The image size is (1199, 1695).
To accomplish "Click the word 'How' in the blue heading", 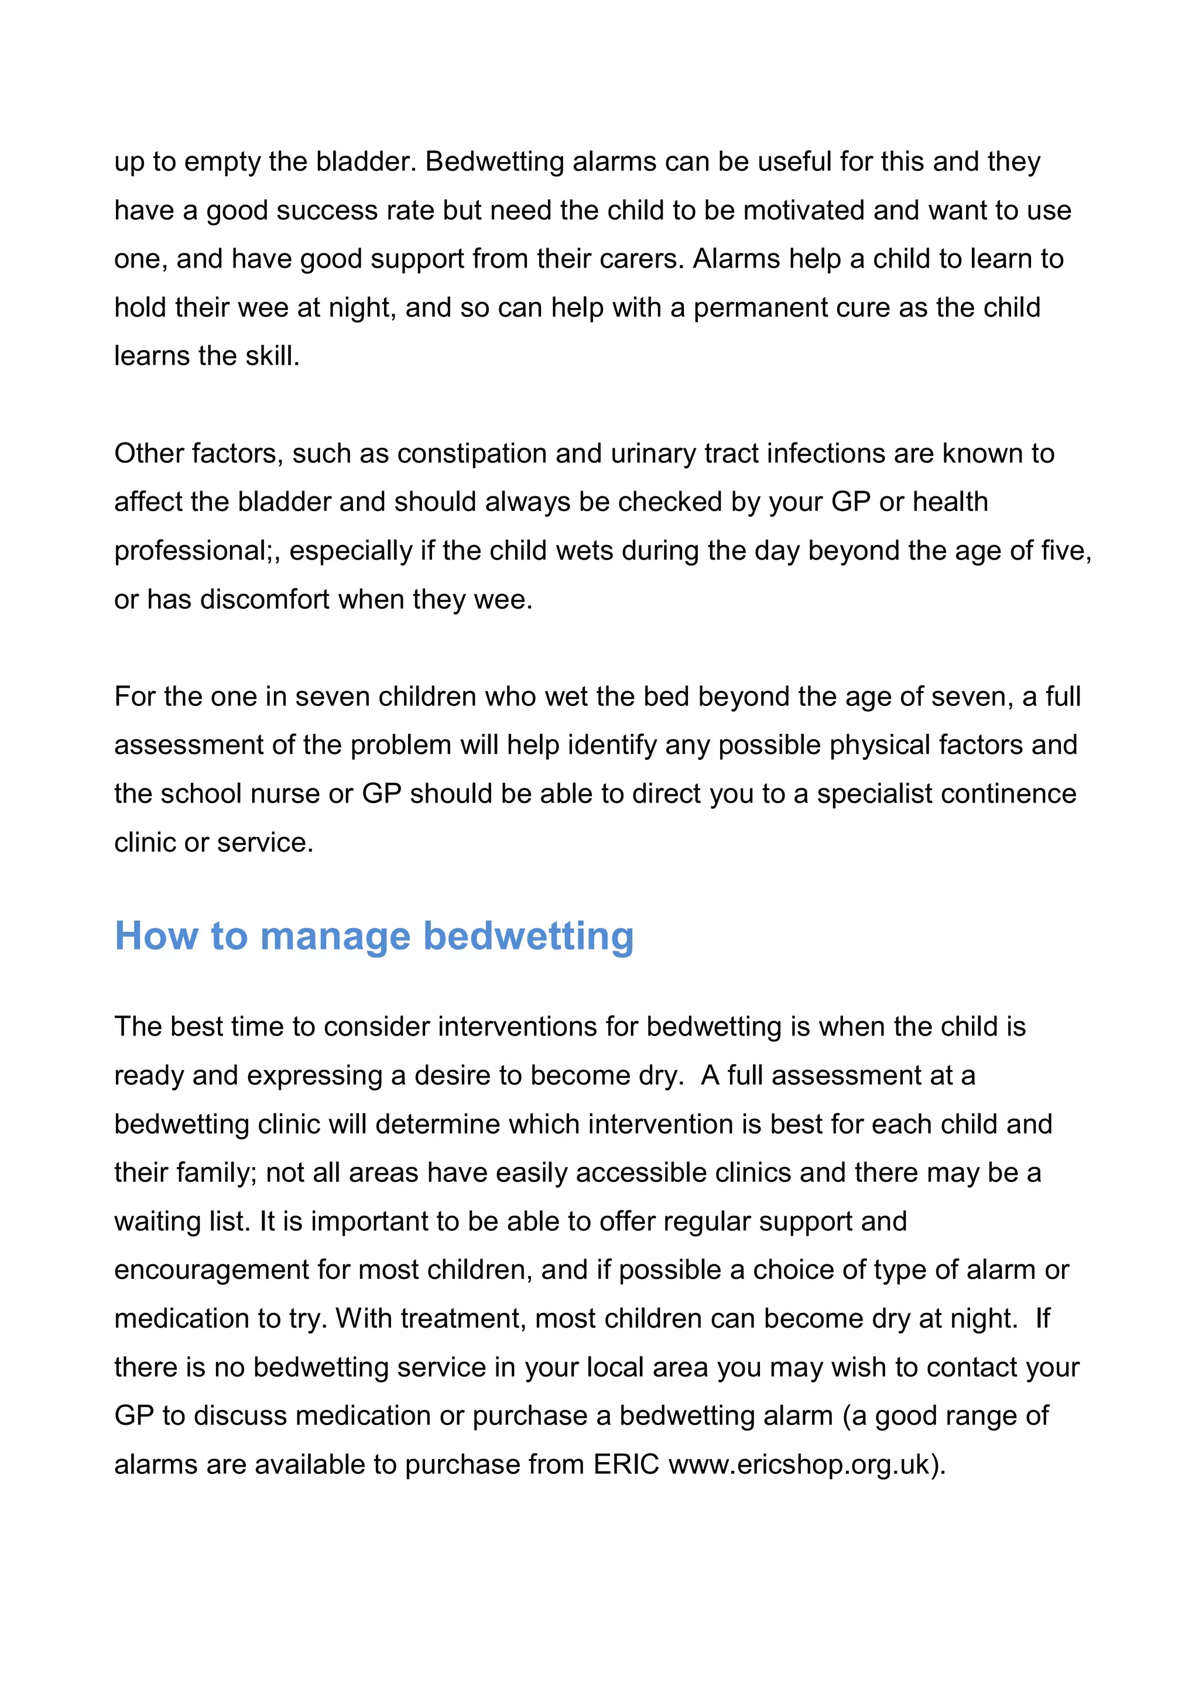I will click(156, 936).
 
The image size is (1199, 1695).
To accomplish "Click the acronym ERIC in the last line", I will click(626, 1464).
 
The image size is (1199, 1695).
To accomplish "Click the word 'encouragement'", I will click(211, 1269).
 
